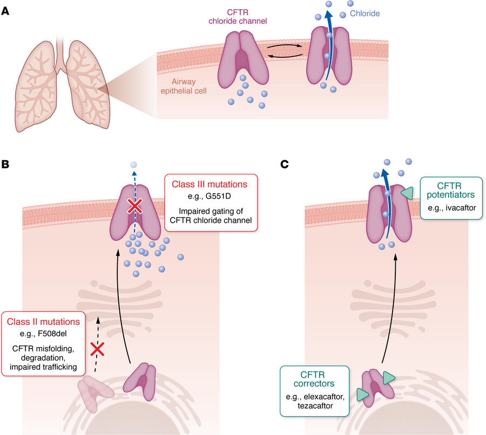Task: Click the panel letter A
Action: pos(5,10)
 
